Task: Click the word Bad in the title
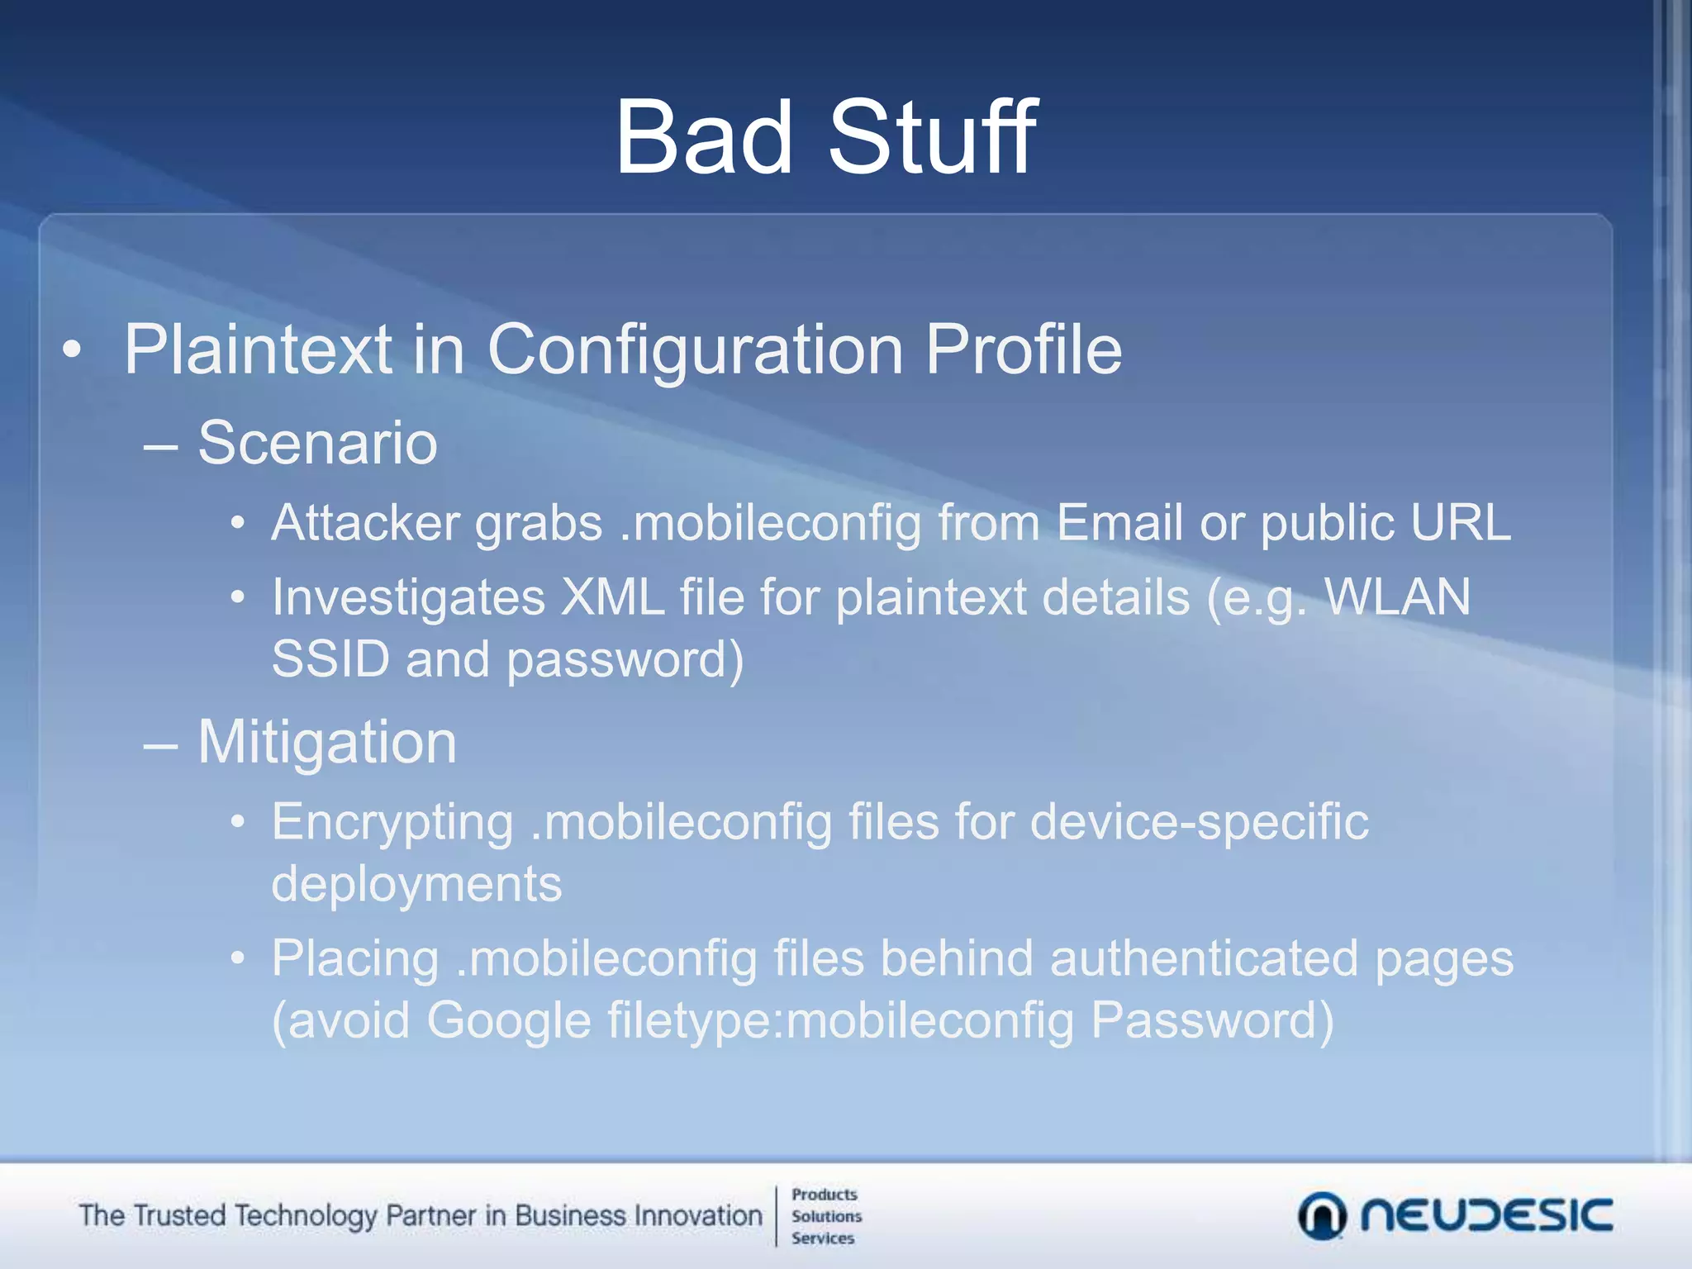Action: (x=704, y=137)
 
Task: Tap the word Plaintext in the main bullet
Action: (x=258, y=350)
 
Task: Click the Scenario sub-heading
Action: (x=317, y=444)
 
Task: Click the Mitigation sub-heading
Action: (x=327, y=743)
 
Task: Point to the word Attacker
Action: (x=366, y=524)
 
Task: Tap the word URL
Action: (x=1461, y=524)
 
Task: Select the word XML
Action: (x=612, y=597)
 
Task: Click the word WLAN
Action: (x=1397, y=597)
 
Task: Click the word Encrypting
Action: (x=392, y=824)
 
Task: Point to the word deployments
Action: (x=416, y=885)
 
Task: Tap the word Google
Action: (x=509, y=1021)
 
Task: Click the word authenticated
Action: (x=1204, y=959)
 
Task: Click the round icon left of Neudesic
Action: (x=1322, y=1216)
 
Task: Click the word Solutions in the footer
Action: (x=826, y=1216)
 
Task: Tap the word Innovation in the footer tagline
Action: (x=697, y=1216)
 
